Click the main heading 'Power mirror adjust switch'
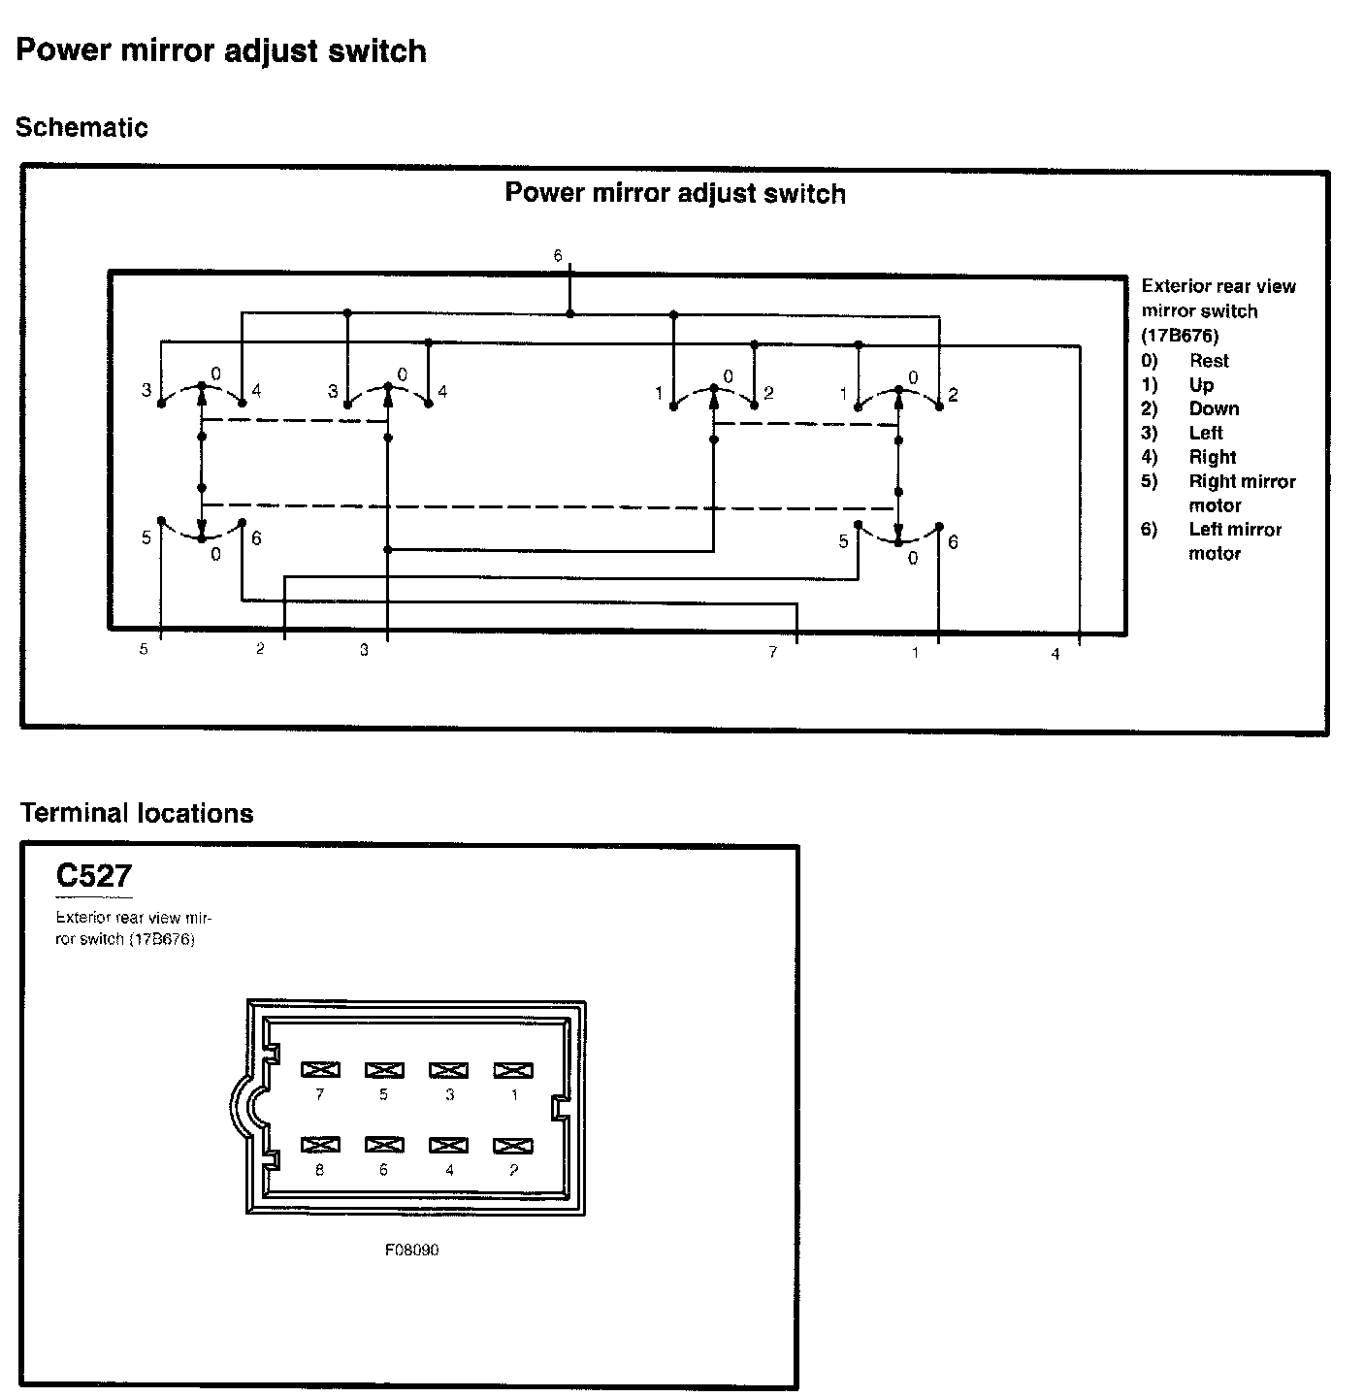click(221, 50)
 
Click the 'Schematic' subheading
click(81, 127)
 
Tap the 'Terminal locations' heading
click(137, 813)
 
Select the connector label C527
click(93, 876)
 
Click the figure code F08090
click(412, 1250)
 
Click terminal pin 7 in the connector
click(320, 1070)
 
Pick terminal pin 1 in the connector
click(513, 1070)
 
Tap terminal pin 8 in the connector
click(320, 1145)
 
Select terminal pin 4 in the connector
click(449, 1145)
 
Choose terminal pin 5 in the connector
click(384, 1070)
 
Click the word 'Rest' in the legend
click(1209, 360)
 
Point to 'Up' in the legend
click(1201, 384)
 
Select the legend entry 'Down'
click(1214, 408)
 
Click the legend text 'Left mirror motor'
click(1234, 540)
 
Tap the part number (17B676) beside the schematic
click(1180, 336)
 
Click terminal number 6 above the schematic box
click(558, 256)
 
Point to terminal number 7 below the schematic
click(773, 653)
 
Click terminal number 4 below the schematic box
click(1055, 655)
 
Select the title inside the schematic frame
click(675, 193)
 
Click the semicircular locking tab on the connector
click(243, 1107)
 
